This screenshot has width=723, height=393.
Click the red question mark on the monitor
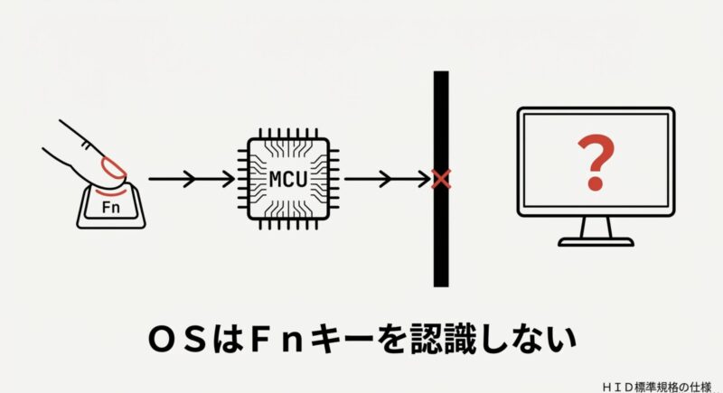coord(595,164)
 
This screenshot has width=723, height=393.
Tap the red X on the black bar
coord(441,179)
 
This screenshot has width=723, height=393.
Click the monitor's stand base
coord(595,241)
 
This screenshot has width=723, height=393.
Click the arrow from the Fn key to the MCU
coord(190,179)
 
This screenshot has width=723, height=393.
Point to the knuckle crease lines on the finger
coord(85,145)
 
